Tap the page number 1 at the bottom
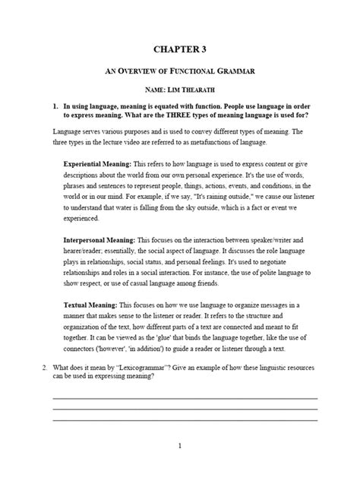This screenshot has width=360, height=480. coord(179,447)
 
